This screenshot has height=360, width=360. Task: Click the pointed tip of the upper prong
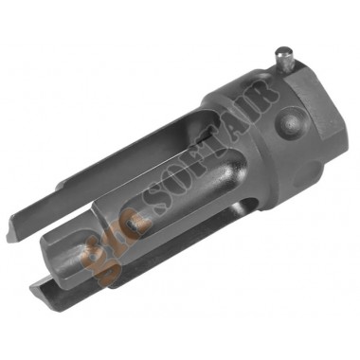click(x=9, y=233)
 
